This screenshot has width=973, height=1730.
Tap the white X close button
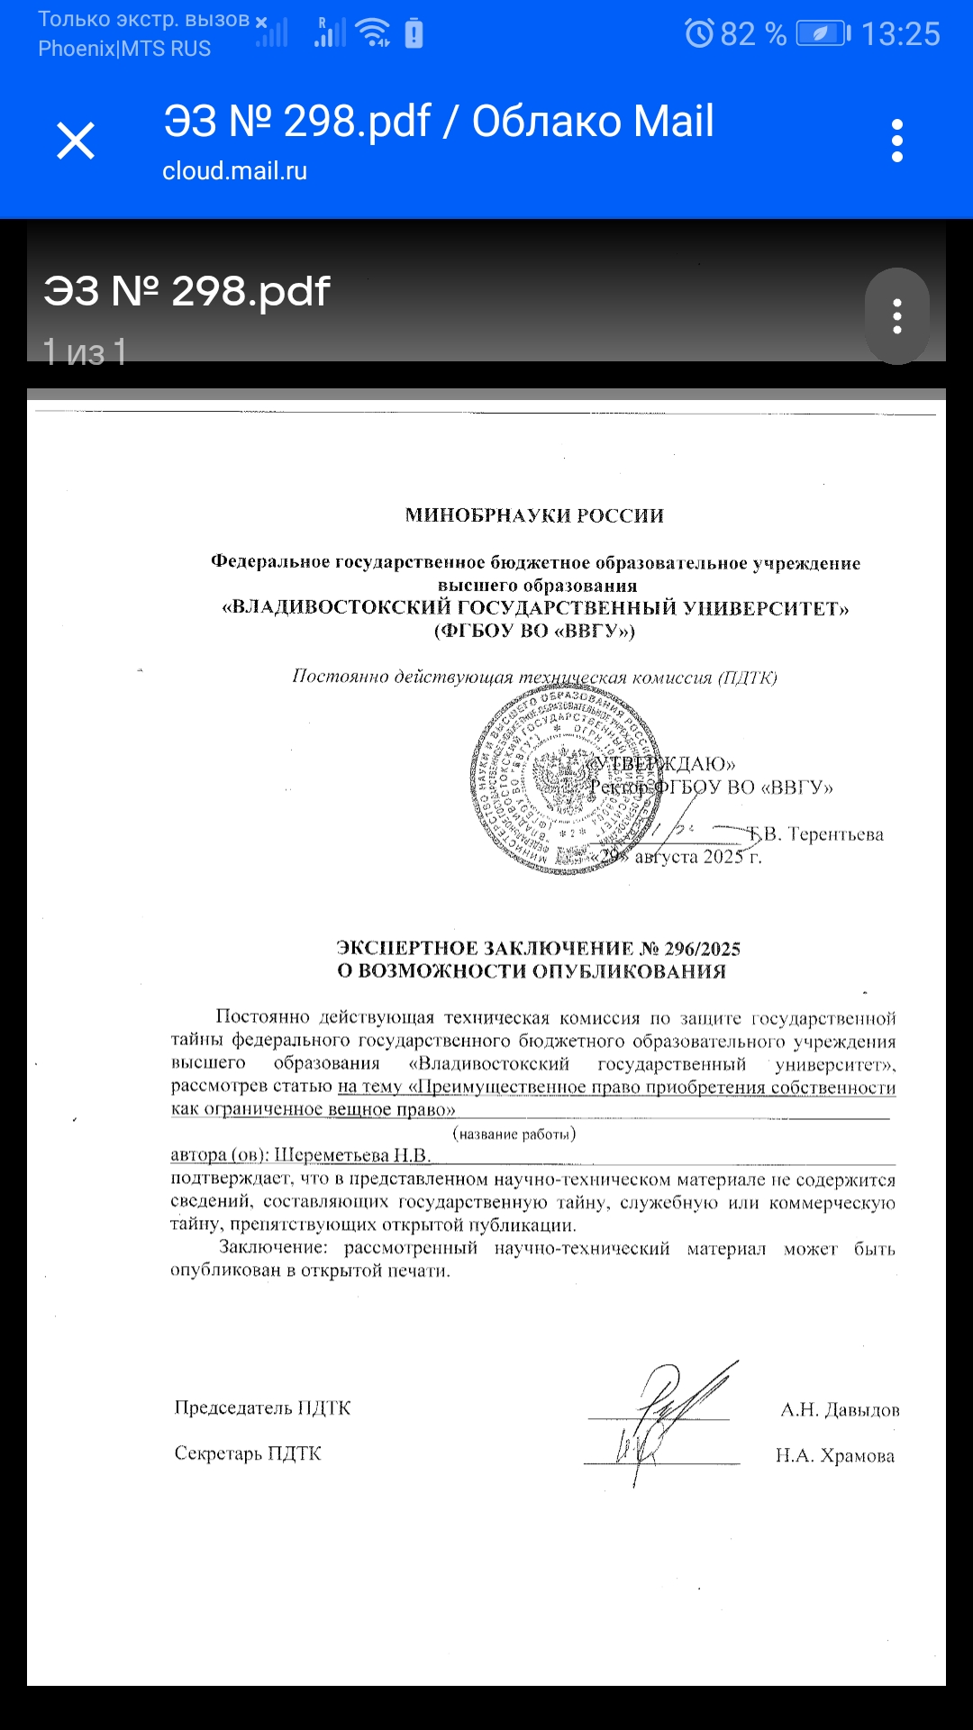point(76,141)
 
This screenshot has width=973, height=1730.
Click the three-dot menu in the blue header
point(896,141)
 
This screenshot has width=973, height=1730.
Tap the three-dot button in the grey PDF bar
point(896,316)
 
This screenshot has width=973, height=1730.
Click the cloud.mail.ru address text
point(234,171)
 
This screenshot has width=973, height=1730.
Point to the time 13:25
point(900,34)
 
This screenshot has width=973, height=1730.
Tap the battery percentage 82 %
point(753,34)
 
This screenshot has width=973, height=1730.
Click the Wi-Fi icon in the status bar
point(372,32)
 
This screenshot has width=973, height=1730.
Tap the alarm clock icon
point(699,33)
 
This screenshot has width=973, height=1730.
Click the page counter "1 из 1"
point(85,351)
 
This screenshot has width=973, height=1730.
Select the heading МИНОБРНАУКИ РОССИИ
point(534,515)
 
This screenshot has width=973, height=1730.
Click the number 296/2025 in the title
point(702,949)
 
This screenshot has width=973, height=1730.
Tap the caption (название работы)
point(514,1134)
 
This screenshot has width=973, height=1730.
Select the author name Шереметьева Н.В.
point(352,1155)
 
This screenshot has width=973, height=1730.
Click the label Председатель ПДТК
point(262,1408)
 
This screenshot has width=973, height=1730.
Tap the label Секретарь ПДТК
point(248,1453)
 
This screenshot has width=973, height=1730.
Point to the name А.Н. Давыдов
point(840,1410)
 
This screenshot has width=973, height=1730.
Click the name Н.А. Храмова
point(835,1456)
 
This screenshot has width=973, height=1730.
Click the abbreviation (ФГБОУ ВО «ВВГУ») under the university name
point(534,631)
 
